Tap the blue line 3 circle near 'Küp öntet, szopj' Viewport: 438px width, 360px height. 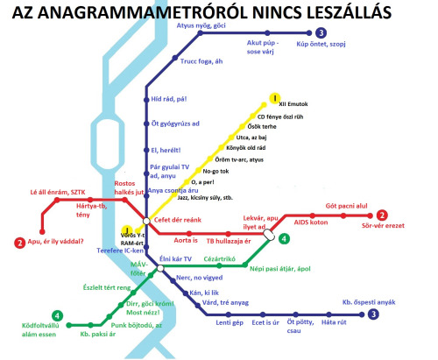(x=321, y=32)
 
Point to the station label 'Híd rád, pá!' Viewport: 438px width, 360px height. (x=170, y=100)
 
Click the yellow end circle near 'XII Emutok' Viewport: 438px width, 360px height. (x=274, y=97)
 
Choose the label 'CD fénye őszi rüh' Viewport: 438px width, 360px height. (x=285, y=116)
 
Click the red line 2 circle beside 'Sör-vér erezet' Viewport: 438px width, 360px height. (x=382, y=215)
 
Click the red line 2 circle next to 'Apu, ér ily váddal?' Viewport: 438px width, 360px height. (x=19, y=243)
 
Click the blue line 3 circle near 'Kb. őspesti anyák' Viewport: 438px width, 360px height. (x=374, y=314)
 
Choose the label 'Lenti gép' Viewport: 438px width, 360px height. (x=230, y=322)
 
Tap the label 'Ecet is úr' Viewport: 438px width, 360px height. (x=265, y=322)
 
